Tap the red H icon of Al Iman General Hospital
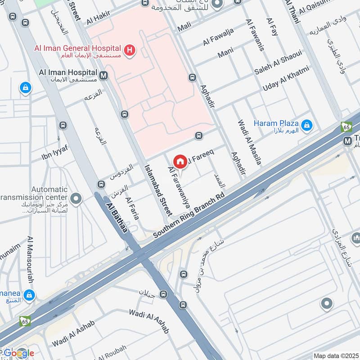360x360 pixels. pos(130,50)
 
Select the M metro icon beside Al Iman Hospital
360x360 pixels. pos(104,75)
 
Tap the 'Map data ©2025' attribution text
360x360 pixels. pos(335,355)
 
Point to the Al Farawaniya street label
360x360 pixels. pos(179,187)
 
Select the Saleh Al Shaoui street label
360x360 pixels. pos(278,65)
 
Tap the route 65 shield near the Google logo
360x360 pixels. pos(25,321)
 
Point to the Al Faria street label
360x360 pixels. pos(132,208)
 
